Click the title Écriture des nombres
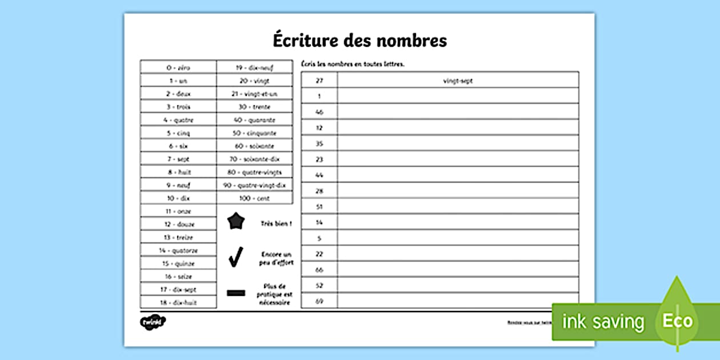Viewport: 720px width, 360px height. click(x=359, y=41)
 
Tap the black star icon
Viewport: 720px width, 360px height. click(x=236, y=221)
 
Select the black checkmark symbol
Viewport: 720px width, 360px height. click(x=235, y=257)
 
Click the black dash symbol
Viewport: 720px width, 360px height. click(x=236, y=293)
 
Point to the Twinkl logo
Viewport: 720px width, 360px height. click(x=153, y=322)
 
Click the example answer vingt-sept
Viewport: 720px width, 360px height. click(x=458, y=81)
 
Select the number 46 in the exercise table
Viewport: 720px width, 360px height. click(x=319, y=112)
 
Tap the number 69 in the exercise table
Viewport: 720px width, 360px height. click(x=319, y=301)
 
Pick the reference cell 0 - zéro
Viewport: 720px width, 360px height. click(x=178, y=67)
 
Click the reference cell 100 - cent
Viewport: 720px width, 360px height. click(x=254, y=198)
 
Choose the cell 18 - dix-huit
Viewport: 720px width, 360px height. click(x=178, y=302)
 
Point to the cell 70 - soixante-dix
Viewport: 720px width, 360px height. click(x=254, y=159)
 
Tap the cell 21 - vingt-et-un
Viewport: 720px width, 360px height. click(x=254, y=94)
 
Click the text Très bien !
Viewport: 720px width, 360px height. click(x=276, y=223)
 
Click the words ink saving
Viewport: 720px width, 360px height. click(x=603, y=322)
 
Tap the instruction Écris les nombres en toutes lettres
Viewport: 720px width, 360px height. click(x=353, y=64)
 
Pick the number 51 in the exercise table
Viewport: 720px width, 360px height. click(x=319, y=206)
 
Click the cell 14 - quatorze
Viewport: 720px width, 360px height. click(x=178, y=250)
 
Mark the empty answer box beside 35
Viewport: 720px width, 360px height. click(x=458, y=143)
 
